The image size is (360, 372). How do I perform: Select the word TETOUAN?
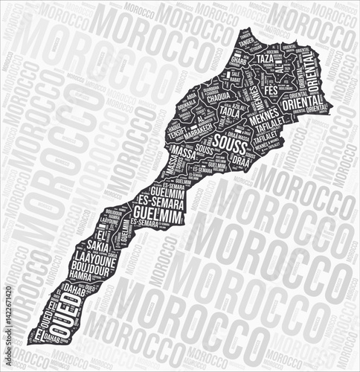(x=256, y=47)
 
